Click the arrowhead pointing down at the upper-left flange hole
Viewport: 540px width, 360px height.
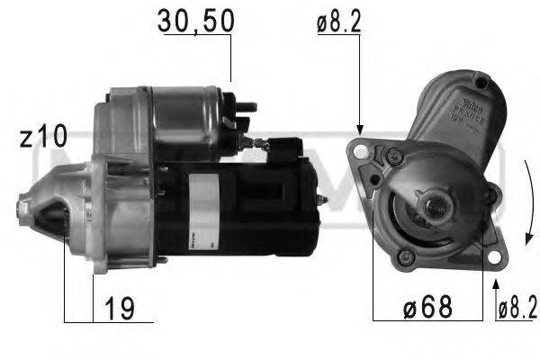point(359,131)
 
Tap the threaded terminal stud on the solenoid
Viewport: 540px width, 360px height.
point(247,109)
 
